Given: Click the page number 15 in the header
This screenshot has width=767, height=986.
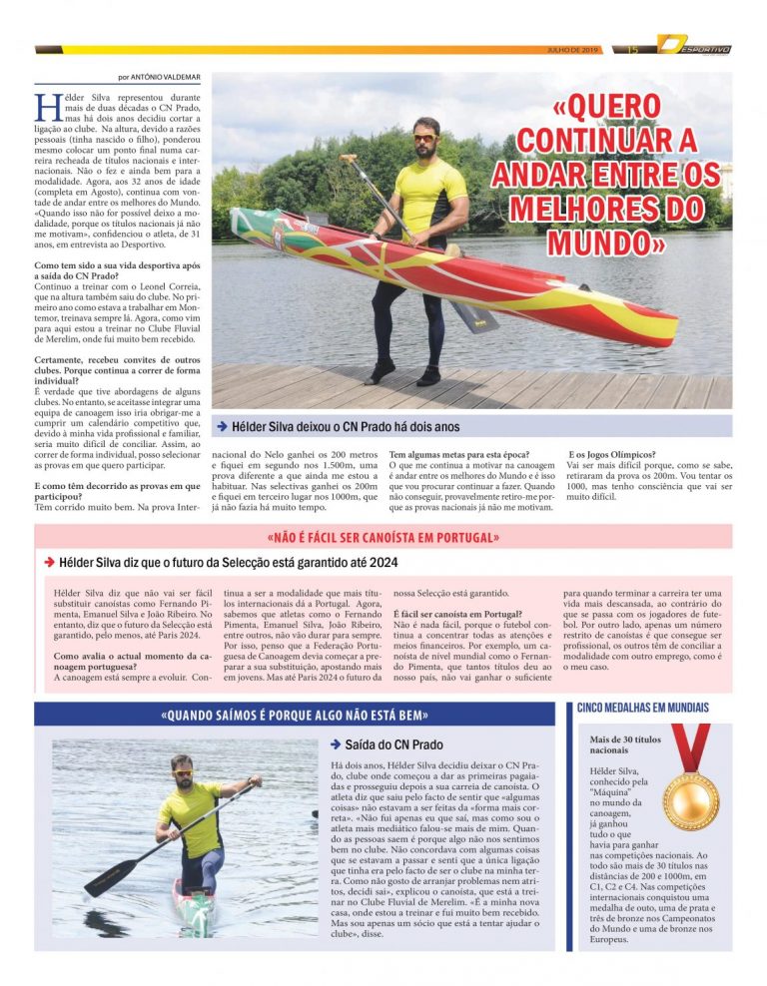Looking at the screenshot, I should [x=632, y=49].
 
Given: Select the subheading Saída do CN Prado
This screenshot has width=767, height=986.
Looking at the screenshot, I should [x=394, y=744].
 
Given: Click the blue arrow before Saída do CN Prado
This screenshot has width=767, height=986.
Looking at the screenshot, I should [x=336, y=744].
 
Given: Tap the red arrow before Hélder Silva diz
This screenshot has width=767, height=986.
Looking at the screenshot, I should [x=47, y=563].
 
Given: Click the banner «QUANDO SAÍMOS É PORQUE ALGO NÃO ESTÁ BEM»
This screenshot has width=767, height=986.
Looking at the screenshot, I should [x=295, y=715].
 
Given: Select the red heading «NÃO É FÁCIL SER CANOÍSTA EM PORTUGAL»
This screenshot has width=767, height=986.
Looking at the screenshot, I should [x=383, y=537].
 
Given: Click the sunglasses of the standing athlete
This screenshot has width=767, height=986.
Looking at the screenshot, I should [x=423, y=138].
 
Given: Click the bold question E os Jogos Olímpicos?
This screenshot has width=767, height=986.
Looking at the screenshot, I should [x=611, y=454].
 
